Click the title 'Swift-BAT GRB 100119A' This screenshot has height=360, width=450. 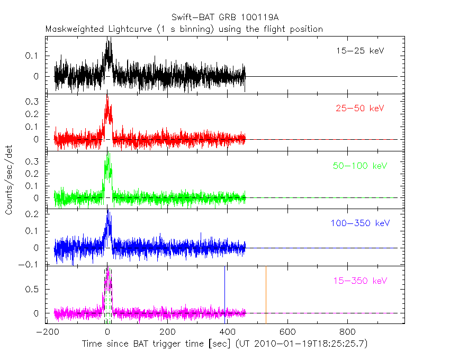(226, 17)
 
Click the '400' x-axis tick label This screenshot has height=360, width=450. (228, 332)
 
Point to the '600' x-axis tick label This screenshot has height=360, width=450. (287, 332)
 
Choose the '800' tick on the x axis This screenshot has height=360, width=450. (347, 332)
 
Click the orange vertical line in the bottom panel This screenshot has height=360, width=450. (266, 294)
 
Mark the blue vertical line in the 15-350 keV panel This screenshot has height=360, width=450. (225, 294)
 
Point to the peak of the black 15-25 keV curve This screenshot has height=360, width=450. (109, 40)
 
